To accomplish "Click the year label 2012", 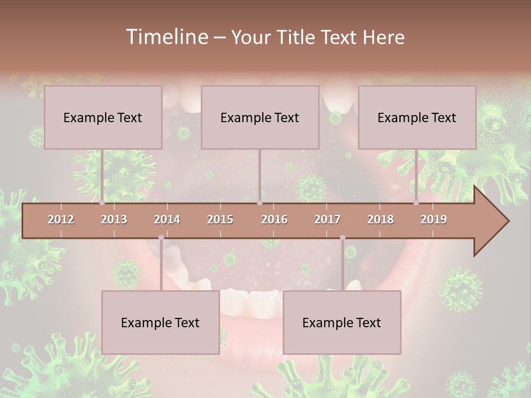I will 61,219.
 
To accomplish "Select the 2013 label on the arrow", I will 114,219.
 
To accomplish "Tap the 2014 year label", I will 167,219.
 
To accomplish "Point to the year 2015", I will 220,219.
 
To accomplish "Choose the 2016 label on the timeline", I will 274,219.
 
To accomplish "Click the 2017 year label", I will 327,219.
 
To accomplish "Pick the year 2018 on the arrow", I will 381,219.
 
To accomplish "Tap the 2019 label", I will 434,219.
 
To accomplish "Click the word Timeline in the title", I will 166,37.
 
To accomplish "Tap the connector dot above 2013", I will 102,203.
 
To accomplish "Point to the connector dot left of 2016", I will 259,203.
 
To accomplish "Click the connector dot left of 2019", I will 417,203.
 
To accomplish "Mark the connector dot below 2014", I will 161,238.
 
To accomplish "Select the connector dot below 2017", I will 342,238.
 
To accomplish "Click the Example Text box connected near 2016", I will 260,117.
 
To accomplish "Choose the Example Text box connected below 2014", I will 160,322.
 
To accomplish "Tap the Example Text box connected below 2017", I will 342,322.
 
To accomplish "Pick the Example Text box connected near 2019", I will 417,117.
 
